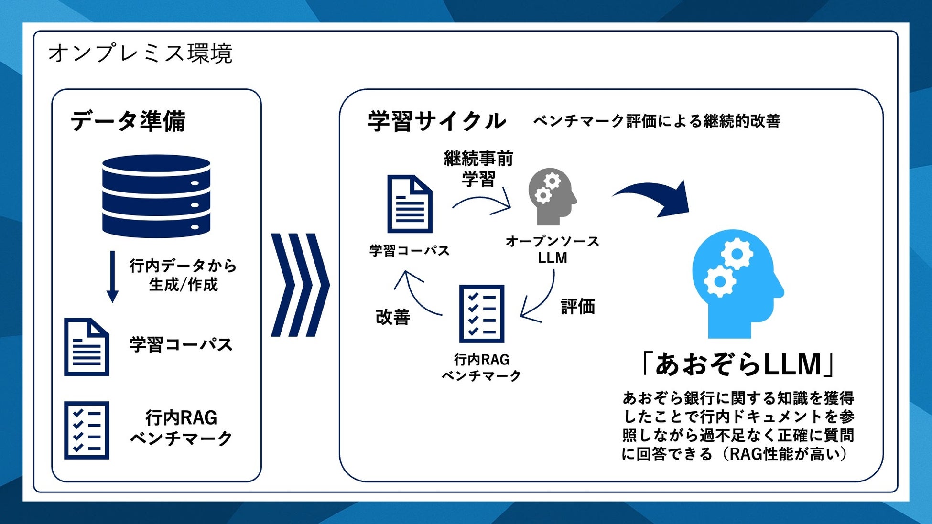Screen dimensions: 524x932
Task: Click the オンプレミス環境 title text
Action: [x=140, y=53]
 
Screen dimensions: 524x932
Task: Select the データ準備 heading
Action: [x=128, y=121]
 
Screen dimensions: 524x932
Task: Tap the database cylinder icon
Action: [x=156, y=196]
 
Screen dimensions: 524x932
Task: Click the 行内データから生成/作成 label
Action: [x=183, y=275]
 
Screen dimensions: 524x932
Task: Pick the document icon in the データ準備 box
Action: [x=87, y=347]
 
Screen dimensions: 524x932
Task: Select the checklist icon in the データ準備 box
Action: [x=87, y=430]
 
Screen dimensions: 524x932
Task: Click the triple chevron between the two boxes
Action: [x=300, y=285]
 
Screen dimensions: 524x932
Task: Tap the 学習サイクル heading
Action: [x=437, y=121]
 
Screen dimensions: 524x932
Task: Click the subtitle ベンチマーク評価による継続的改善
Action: [x=656, y=121]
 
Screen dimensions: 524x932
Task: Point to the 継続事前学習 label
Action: [x=478, y=169]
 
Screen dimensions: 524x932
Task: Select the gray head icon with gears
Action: [x=552, y=196]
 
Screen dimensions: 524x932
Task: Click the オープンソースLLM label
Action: [x=553, y=249]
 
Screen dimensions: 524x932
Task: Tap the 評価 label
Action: [x=577, y=306]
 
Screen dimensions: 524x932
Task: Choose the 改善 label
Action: [x=393, y=317]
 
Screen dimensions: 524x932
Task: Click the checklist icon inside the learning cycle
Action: [x=481, y=314]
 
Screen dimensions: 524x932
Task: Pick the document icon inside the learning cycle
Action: [x=410, y=204]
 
